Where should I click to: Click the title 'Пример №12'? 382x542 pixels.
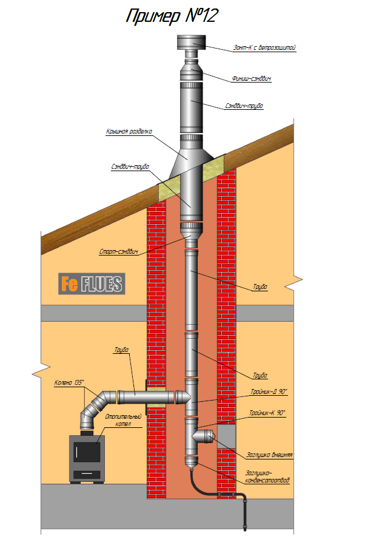[x=172, y=16]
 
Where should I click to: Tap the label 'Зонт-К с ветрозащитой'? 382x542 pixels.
[x=264, y=48]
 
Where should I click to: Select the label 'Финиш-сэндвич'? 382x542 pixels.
[x=251, y=78]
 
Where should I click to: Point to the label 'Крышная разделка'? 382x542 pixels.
[x=129, y=131]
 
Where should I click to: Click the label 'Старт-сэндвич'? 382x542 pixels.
[x=118, y=251]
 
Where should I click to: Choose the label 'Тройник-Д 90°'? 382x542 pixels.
[x=269, y=391]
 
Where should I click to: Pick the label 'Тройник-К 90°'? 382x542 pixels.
[x=267, y=413]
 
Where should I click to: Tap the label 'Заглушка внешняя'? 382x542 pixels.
[x=269, y=455]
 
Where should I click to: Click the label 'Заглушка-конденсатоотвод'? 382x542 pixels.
[x=267, y=476]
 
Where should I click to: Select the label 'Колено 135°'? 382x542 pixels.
[x=69, y=382]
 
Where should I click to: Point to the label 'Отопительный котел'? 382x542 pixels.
[x=123, y=420]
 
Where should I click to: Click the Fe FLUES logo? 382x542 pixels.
[x=92, y=284]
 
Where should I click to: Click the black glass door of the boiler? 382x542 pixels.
[x=87, y=452]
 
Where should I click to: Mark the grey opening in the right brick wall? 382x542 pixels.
[x=227, y=436]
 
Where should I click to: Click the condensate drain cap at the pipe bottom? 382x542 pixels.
[x=192, y=461]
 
